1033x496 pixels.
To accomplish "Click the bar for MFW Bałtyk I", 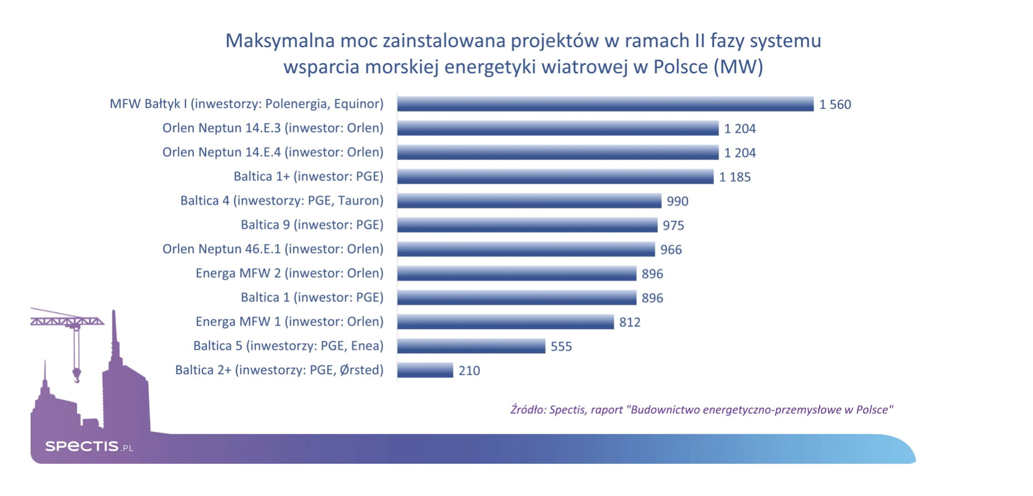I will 605,104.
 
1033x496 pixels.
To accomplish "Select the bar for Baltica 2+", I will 425,370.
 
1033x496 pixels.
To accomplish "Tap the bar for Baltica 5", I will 471,346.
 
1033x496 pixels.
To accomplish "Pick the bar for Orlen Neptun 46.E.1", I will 526,249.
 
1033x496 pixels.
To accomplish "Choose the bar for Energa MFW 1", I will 505,322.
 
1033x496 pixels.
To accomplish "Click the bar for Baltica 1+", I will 555,177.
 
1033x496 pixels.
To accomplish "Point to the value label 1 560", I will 835,105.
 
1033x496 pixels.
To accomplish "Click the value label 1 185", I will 734,177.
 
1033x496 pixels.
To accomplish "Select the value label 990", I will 677,201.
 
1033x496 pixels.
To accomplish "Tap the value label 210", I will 469,371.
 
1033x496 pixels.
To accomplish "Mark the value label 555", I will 561,346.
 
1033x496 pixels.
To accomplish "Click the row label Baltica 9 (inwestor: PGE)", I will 312,225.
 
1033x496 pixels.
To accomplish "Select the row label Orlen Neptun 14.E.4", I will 272,152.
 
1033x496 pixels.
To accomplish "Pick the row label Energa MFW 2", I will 289,273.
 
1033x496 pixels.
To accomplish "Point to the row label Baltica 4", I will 281,201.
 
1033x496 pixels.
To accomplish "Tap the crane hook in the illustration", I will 77,376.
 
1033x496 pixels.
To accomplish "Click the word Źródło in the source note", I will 528,410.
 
